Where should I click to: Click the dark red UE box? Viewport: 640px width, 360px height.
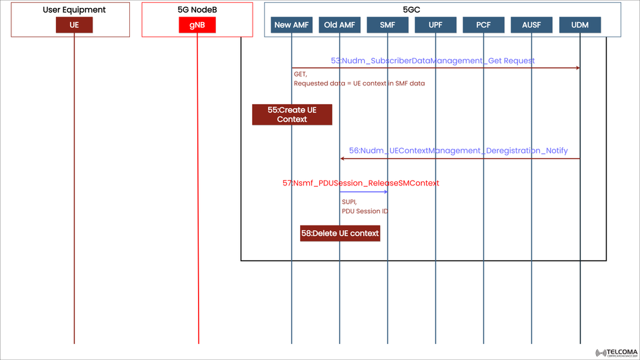[x=74, y=25]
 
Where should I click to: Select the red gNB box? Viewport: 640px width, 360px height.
[x=197, y=25]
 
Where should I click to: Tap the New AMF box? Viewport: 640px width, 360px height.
[x=292, y=25]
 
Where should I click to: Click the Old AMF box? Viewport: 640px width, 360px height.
[x=339, y=25]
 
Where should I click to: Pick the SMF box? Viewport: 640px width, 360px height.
[x=387, y=25]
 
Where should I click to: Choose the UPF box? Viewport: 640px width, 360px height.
[x=435, y=25]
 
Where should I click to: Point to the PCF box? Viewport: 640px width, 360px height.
[x=484, y=25]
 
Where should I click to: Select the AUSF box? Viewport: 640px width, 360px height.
[x=532, y=25]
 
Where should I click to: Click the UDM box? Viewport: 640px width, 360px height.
[x=580, y=25]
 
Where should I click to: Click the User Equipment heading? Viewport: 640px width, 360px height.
[x=74, y=10]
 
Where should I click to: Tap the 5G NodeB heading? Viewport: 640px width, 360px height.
[x=197, y=10]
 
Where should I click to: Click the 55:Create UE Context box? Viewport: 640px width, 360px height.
[x=292, y=115]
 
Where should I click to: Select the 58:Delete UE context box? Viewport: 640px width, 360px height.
[x=340, y=233]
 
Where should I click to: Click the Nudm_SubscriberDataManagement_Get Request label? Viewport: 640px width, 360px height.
[x=433, y=61]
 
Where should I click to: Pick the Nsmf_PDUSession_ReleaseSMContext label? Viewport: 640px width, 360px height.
[x=361, y=183]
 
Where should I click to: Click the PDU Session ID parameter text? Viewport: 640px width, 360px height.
[x=365, y=211]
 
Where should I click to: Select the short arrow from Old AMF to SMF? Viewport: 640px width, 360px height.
[x=363, y=192]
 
